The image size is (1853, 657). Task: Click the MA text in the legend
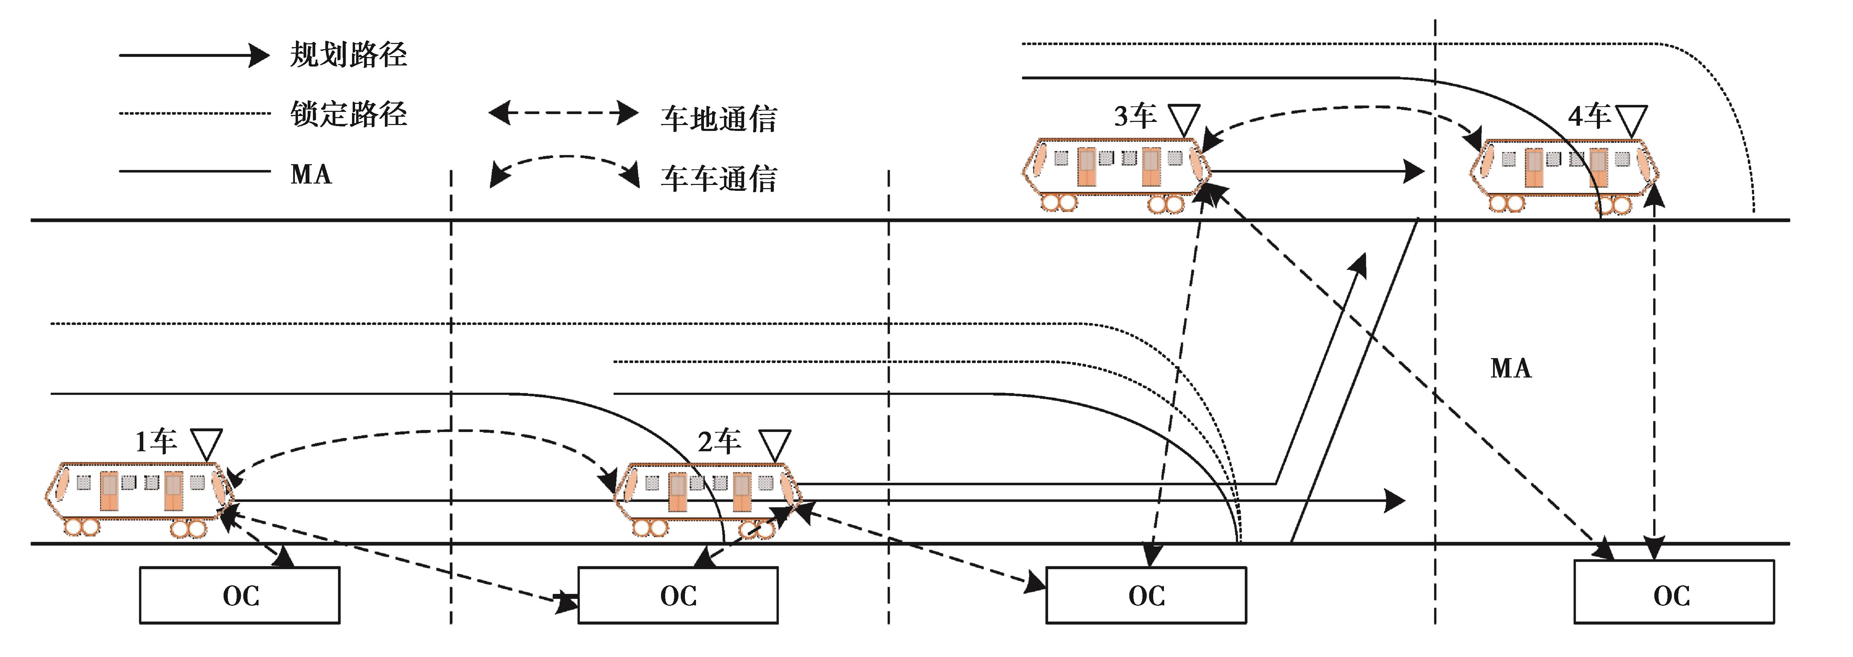pyautogui.click(x=311, y=174)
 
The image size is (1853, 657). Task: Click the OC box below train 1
pyautogui.click(x=239, y=595)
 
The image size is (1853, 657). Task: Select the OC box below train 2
pyautogui.click(x=678, y=595)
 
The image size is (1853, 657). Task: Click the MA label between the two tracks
pyautogui.click(x=1511, y=369)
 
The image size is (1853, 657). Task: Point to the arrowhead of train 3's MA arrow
pyautogui.click(x=1414, y=171)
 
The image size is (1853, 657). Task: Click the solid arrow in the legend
pyautogui.click(x=194, y=55)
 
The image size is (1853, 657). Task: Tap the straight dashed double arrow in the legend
pyautogui.click(x=563, y=113)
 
